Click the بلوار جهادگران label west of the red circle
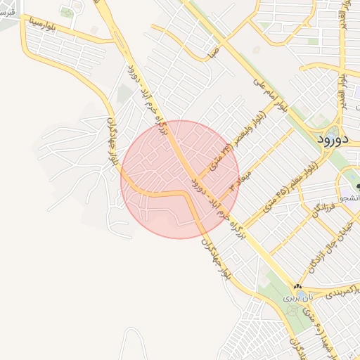(108, 141)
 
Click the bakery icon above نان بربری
(297, 287)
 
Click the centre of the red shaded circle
(180, 179)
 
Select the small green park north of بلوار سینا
(67, 12)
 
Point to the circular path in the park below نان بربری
(291, 309)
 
